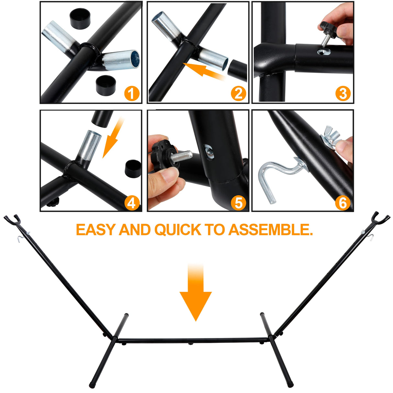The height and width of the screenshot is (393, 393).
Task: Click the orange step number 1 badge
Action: pyautogui.click(x=132, y=94)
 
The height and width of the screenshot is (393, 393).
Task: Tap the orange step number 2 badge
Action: pyautogui.click(x=238, y=94)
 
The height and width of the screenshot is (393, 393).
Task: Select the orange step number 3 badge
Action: pyautogui.click(x=343, y=94)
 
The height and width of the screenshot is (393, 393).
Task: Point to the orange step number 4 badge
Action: pyautogui.click(x=132, y=203)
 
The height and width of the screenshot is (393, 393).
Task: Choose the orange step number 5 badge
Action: pyautogui.click(x=238, y=203)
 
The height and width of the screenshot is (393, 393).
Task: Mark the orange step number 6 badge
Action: pyautogui.click(x=343, y=203)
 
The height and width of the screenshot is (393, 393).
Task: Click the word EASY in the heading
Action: pyautogui.click(x=96, y=230)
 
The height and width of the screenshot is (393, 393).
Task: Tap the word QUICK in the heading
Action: pyautogui.click(x=178, y=230)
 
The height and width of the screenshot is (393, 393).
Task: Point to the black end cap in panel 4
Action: pyautogui.click(x=133, y=169)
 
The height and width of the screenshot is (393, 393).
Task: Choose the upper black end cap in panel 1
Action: pyautogui.click(x=80, y=19)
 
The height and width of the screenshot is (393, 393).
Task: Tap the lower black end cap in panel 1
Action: pyautogui.click(x=106, y=85)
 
